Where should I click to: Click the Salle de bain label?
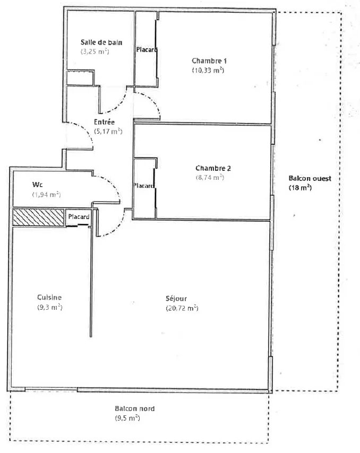[101, 42]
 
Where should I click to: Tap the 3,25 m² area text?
[95, 51]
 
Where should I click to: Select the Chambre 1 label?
[209, 60]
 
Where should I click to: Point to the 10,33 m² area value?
[208, 70]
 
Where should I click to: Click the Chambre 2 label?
[213, 168]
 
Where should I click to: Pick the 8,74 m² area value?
[210, 177]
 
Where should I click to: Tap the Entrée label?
[104, 122]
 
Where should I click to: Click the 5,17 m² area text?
[108, 131]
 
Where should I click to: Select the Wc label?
[37, 184]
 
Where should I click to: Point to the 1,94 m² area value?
[46, 195]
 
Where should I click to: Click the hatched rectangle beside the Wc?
[38, 217]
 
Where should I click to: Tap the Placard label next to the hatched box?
[79, 216]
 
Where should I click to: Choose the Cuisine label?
[49, 297]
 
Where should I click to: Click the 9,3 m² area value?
[50, 307]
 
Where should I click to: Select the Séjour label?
[176, 299]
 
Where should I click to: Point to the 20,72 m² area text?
[182, 308]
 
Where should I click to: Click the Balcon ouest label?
[310, 178]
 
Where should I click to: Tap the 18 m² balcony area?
[300, 187]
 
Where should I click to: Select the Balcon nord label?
[135, 408]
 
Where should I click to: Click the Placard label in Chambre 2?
[144, 186]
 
